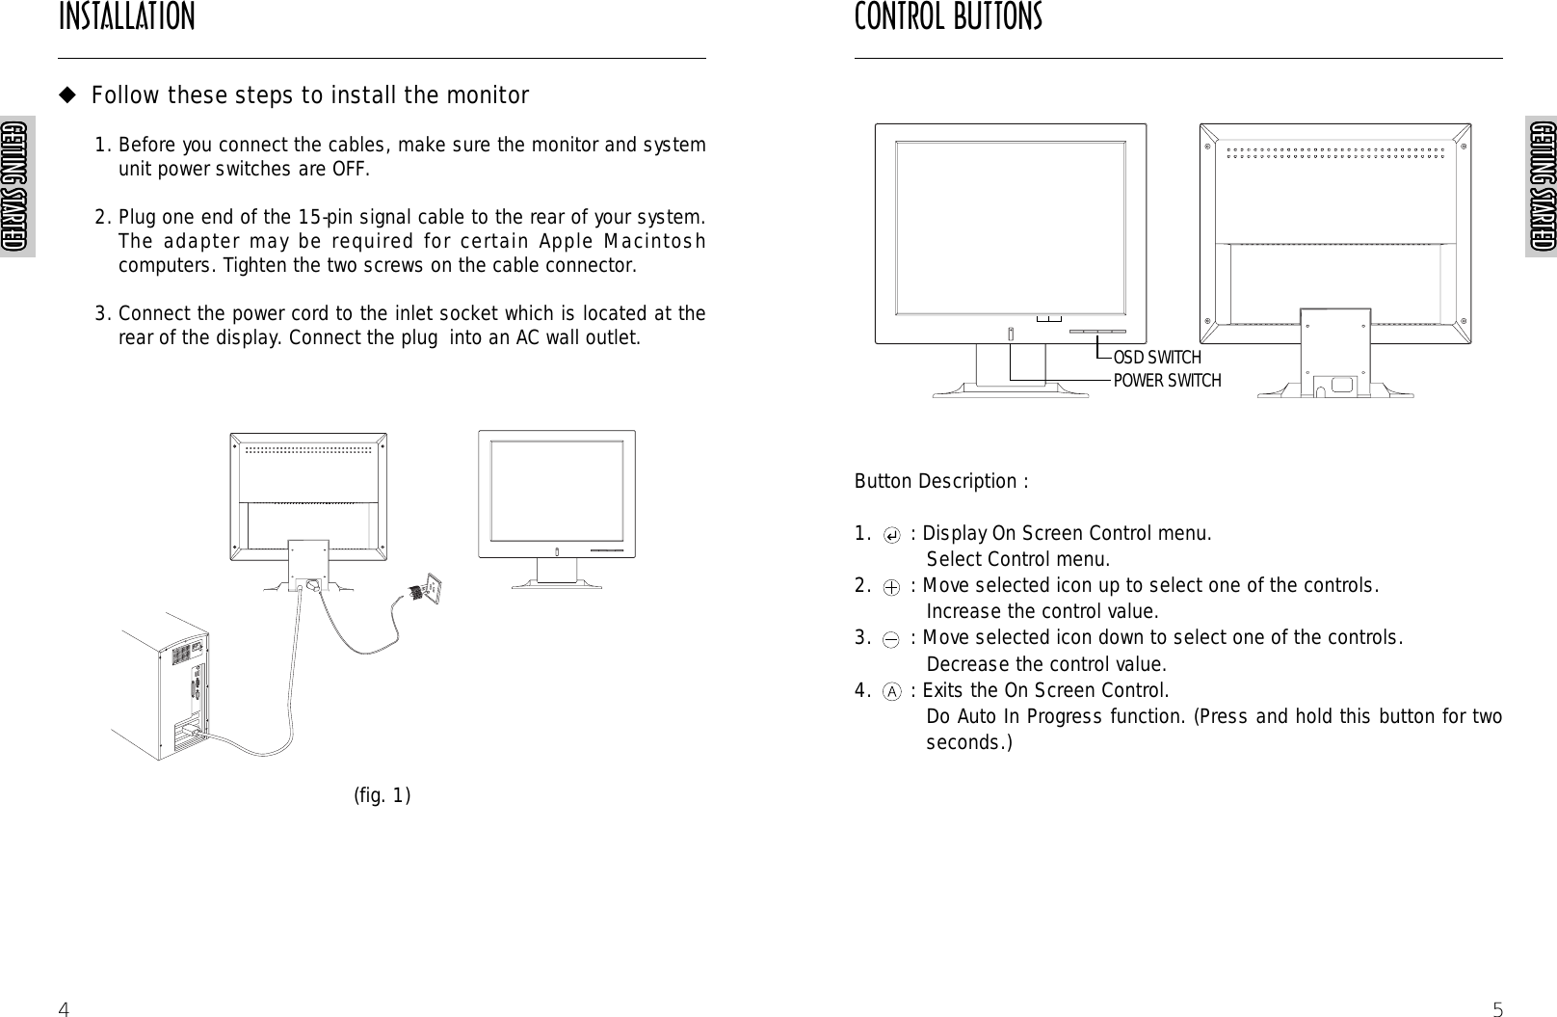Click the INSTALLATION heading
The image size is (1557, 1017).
(126, 17)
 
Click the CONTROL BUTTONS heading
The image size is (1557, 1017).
(948, 17)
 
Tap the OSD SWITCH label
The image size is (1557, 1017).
(1157, 359)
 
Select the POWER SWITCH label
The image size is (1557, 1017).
(1167, 381)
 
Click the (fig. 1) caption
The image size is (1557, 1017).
(383, 795)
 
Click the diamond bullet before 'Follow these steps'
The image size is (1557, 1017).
(67, 95)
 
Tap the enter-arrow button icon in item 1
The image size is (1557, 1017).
(893, 535)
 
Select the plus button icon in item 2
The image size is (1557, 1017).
(893, 587)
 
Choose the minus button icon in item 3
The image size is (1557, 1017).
(893, 639)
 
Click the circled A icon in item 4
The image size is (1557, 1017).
(893, 691)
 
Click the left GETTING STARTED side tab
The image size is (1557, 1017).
(16, 187)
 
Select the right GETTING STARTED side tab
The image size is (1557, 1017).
(1540, 187)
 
